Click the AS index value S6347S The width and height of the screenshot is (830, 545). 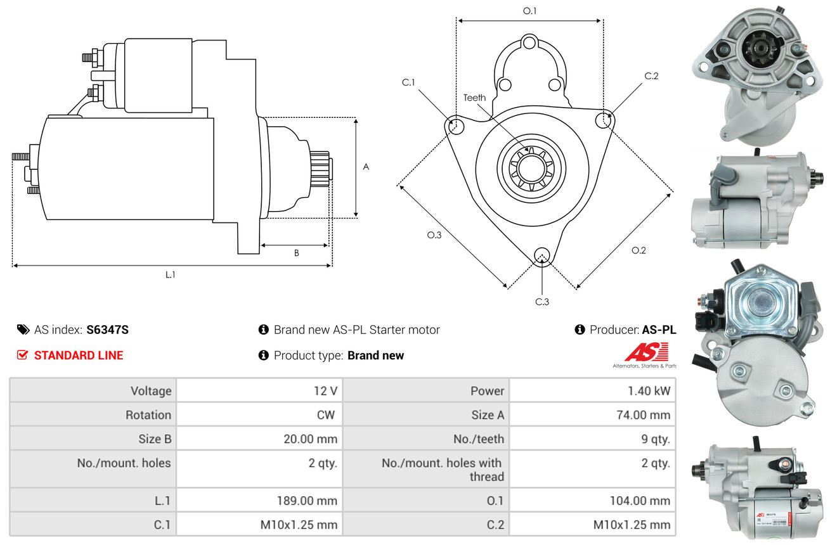(107, 330)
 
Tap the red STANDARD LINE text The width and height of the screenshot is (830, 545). (79, 356)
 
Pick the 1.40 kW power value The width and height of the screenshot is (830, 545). (649, 391)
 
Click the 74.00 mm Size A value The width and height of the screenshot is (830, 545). (643, 415)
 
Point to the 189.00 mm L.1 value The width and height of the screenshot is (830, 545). (307, 501)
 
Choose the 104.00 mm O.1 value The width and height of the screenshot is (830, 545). (640, 501)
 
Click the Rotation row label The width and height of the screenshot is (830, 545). (148, 415)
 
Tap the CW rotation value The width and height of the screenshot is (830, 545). (326, 415)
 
